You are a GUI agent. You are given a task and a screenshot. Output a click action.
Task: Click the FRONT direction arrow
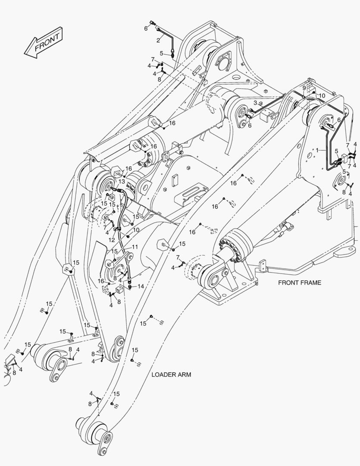[43, 43]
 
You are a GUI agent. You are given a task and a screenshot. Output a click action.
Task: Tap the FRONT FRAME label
[299, 283]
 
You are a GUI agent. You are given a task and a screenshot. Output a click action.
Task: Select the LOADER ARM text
[171, 375]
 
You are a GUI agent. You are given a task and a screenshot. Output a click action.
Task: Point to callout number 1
[317, 150]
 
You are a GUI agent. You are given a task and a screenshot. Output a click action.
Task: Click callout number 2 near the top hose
[158, 40]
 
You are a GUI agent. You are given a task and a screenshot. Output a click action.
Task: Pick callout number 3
[255, 103]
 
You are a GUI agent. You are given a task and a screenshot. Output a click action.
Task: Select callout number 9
[304, 88]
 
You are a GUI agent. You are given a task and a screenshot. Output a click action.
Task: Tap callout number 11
[135, 247]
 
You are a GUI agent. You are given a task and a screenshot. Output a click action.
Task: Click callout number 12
[112, 239]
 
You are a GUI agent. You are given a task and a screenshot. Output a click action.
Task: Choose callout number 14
[141, 286]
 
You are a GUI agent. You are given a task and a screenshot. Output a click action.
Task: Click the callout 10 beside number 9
[322, 95]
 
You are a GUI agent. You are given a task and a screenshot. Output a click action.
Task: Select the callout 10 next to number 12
[136, 230]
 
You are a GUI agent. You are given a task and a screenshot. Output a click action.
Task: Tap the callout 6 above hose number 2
[146, 28]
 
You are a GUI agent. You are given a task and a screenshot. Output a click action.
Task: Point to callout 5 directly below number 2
[161, 53]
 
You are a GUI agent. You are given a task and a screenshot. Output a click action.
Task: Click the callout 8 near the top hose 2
[159, 79]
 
